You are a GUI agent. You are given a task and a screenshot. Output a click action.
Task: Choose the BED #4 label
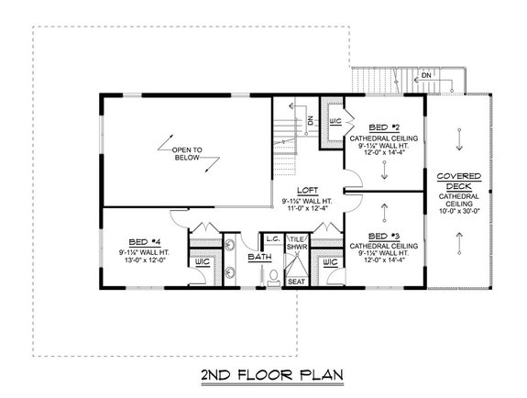(x=140, y=241)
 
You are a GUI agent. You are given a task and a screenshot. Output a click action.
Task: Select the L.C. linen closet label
(x=272, y=238)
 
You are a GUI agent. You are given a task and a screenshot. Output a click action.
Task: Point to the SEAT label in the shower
(x=297, y=281)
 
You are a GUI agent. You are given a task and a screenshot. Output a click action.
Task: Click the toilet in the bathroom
(x=272, y=279)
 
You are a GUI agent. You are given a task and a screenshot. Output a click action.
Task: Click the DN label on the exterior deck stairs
(x=427, y=76)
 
